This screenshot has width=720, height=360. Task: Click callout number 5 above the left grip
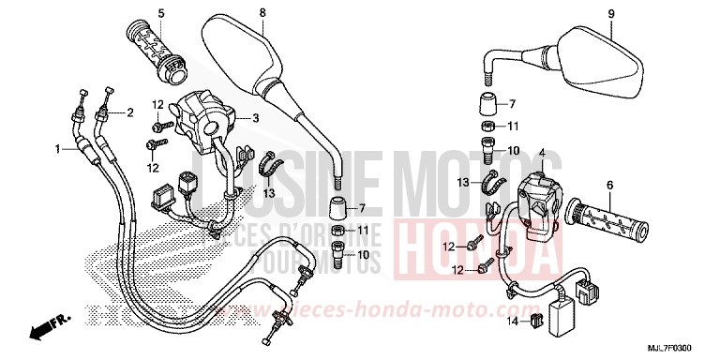[160, 13]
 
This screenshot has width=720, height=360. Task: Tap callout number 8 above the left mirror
[262, 13]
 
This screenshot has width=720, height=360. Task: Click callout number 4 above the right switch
[541, 153]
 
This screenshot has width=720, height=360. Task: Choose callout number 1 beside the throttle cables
[57, 148]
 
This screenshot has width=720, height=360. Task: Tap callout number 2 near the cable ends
[129, 112]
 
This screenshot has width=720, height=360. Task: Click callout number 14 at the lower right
[514, 322]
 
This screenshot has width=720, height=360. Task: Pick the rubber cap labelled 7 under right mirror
[487, 103]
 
